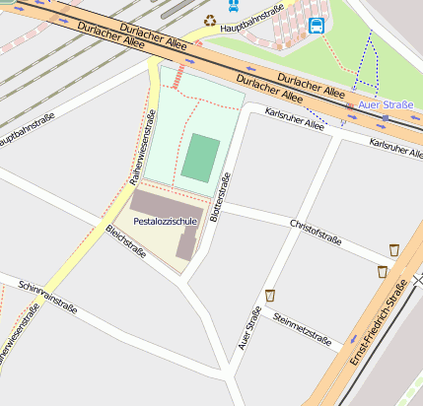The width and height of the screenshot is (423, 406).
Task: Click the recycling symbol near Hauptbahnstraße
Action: tap(209, 20)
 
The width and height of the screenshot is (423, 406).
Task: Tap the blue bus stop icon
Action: tap(317, 26)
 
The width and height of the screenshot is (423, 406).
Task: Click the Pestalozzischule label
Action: tap(166, 223)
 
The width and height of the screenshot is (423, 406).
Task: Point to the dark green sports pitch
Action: tap(200, 158)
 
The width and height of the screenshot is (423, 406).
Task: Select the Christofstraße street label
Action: tap(316, 232)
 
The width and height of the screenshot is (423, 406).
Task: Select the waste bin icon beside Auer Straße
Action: tap(269, 295)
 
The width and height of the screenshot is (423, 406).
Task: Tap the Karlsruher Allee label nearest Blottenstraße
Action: tap(295, 120)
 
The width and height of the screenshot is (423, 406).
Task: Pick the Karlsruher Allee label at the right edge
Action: tap(396, 149)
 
